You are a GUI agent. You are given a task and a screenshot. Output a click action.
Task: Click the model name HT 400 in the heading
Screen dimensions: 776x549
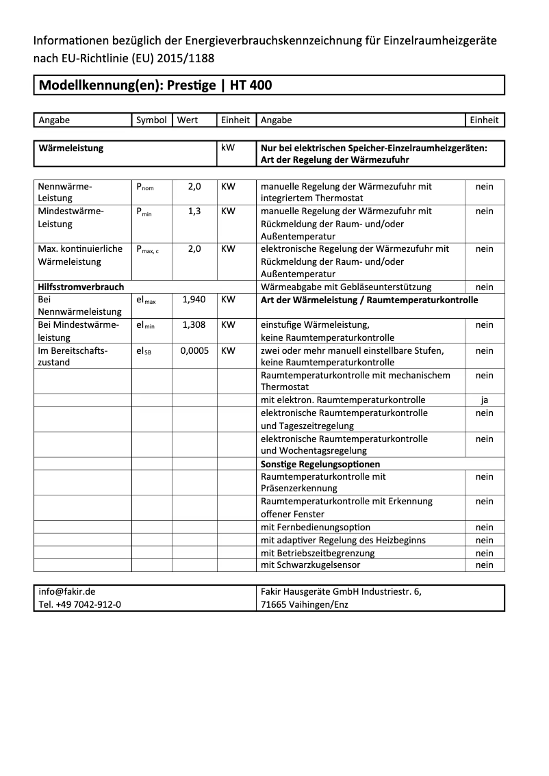pyautogui.click(x=251, y=86)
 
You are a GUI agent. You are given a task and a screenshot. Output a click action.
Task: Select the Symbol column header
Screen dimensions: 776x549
pyautogui.click(x=151, y=120)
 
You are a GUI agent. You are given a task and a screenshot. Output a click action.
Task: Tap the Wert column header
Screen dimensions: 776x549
pyautogui.click(x=188, y=120)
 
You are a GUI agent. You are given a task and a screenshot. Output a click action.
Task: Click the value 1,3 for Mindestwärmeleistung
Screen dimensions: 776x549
pyautogui.click(x=194, y=211)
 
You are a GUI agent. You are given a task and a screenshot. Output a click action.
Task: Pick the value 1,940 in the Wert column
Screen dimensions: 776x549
pyautogui.click(x=194, y=300)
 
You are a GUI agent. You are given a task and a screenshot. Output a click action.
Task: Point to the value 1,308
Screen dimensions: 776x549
pyautogui.click(x=194, y=325)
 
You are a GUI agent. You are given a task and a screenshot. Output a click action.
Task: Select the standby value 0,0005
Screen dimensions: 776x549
pyautogui.click(x=194, y=350)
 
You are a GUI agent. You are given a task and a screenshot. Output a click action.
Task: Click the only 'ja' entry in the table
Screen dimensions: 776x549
pyautogui.click(x=485, y=400)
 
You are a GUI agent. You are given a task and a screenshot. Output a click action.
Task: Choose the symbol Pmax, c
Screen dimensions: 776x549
pyautogui.click(x=147, y=250)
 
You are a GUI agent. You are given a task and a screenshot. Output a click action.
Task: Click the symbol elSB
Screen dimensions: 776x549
pyautogui.click(x=144, y=351)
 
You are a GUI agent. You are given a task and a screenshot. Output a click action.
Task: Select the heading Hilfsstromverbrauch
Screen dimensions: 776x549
pyautogui.click(x=81, y=287)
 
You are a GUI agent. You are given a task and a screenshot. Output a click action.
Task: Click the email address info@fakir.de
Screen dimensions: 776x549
pyautogui.click(x=67, y=592)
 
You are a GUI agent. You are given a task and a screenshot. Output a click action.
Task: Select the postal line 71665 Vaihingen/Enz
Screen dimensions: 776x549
pyautogui.click(x=305, y=605)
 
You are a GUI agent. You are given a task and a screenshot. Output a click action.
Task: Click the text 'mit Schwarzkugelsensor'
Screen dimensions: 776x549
pyautogui.click(x=311, y=565)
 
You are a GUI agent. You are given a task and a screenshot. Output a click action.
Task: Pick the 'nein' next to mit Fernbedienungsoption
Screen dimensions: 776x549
pyautogui.click(x=485, y=528)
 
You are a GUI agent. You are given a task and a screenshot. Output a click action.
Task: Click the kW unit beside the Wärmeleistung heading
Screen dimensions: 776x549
pyautogui.click(x=228, y=148)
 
